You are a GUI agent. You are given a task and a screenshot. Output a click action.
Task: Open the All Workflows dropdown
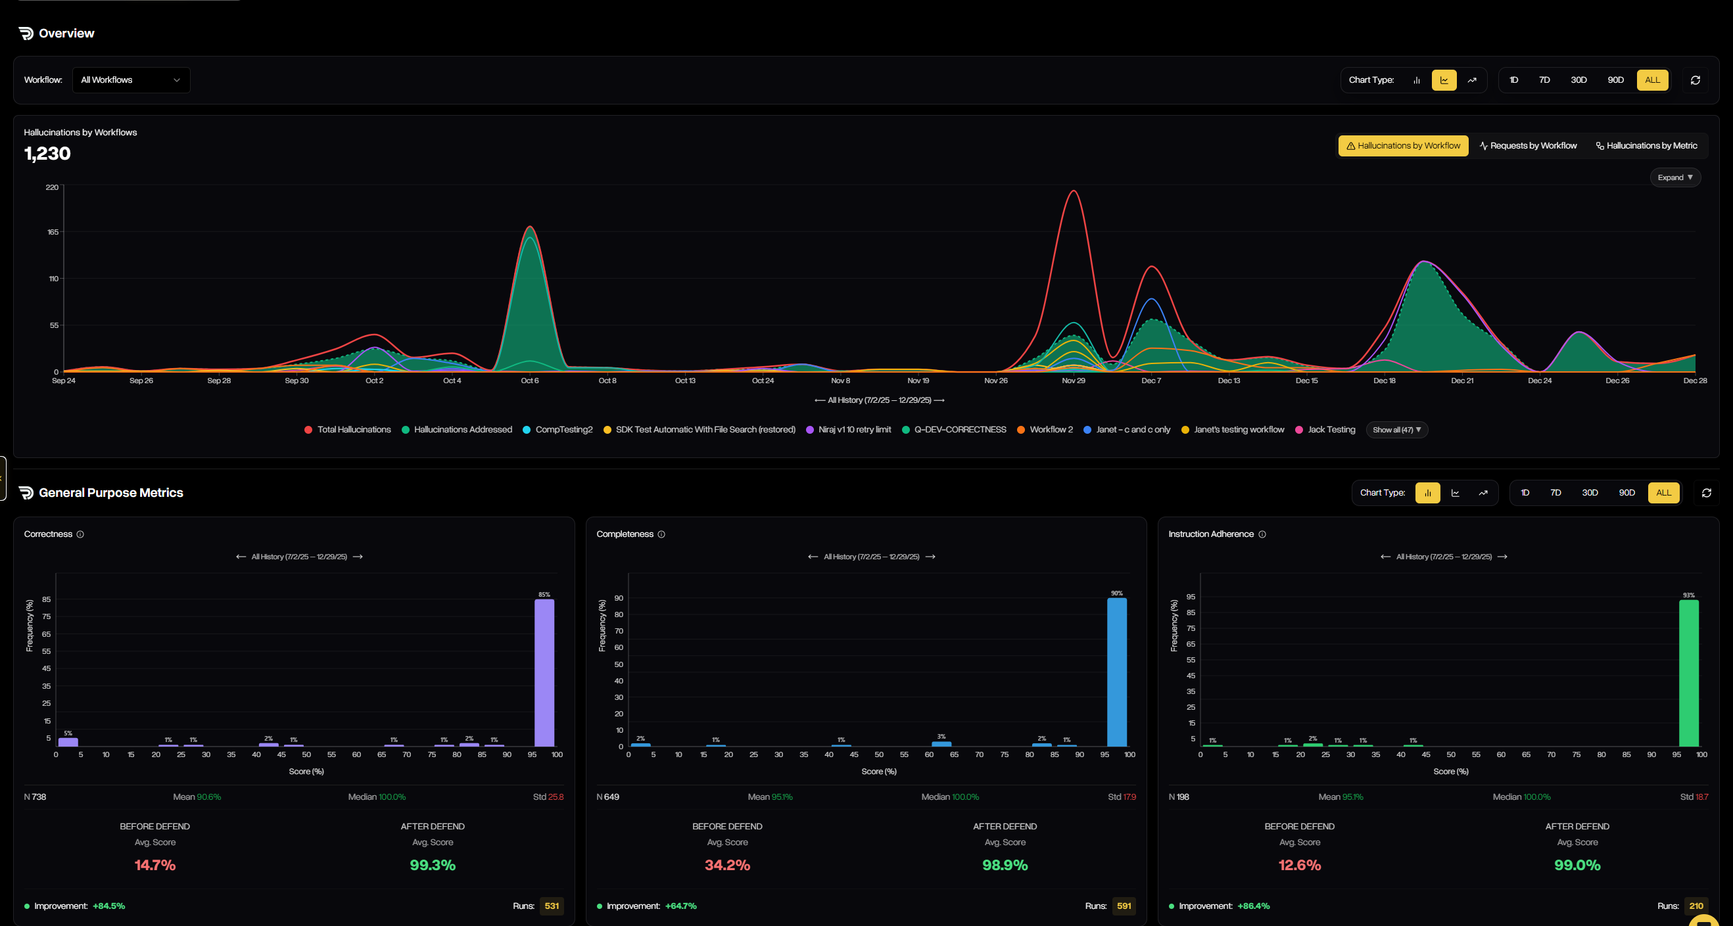[x=131, y=80]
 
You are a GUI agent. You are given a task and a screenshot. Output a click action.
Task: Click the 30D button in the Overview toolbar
[x=1579, y=80]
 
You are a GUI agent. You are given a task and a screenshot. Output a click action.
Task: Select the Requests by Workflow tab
[x=1528, y=146]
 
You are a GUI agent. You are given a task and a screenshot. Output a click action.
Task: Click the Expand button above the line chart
[x=1674, y=177]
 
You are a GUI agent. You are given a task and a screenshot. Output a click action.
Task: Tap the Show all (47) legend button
[x=1396, y=430]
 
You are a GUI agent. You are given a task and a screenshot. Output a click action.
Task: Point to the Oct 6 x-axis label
[x=529, y=381]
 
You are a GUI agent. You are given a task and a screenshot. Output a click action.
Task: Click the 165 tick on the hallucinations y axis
[x=53, y=232]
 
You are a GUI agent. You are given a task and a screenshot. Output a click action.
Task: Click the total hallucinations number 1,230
[x=47, y=154]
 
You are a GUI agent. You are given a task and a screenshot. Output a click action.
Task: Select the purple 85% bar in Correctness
[x=544, y=672]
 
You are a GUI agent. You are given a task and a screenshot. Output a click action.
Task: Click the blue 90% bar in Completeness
[x=1117, y=672]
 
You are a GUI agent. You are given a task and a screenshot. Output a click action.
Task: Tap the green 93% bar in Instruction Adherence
[x=1688, y=672]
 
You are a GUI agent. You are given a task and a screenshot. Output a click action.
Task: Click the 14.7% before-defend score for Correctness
[x=154, y=866]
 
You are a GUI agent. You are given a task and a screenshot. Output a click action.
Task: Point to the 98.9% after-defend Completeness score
[x=1005, y=866]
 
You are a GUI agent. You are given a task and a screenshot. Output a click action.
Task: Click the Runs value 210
[x=1696, y=906]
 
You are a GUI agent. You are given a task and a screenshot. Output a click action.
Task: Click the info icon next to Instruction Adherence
[x=1262, y=534]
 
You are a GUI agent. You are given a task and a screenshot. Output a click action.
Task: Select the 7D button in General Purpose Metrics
[x=1555, y=493]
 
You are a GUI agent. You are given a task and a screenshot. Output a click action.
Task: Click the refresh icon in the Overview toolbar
[x=1696, y=80]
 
